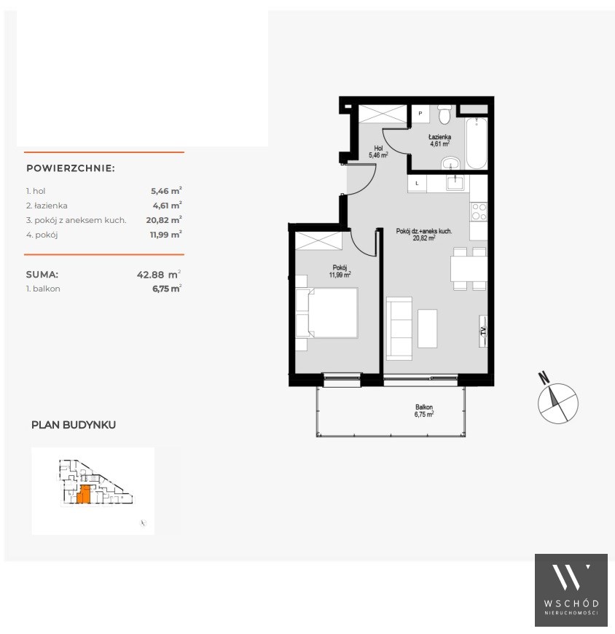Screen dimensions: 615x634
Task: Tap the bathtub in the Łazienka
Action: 477,143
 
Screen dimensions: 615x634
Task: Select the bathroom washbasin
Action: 450,163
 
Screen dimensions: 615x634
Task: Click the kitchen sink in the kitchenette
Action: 457,183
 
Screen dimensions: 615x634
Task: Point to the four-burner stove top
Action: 479,212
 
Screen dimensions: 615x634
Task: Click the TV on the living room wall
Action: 483,331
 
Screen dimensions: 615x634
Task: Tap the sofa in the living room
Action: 399,329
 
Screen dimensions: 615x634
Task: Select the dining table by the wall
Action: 469,269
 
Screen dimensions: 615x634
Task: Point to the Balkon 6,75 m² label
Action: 424,411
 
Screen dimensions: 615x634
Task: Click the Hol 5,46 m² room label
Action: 378,152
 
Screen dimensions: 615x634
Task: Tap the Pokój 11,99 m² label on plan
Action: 340,271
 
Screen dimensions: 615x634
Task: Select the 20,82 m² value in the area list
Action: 164,220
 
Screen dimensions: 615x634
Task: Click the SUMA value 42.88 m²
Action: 159,275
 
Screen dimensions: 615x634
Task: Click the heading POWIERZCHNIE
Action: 71,168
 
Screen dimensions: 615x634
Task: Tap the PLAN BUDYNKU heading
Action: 74,425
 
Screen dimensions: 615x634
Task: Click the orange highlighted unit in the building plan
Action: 84,495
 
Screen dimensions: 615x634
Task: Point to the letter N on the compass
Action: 544,378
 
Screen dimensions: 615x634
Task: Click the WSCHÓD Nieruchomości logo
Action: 571,590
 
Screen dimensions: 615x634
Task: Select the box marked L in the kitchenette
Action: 417,183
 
